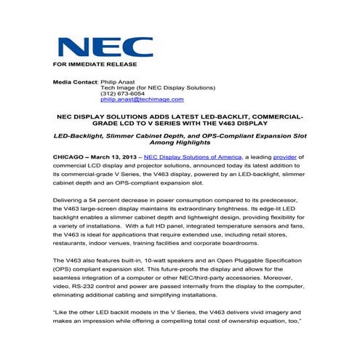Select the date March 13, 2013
tap(116, 156)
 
